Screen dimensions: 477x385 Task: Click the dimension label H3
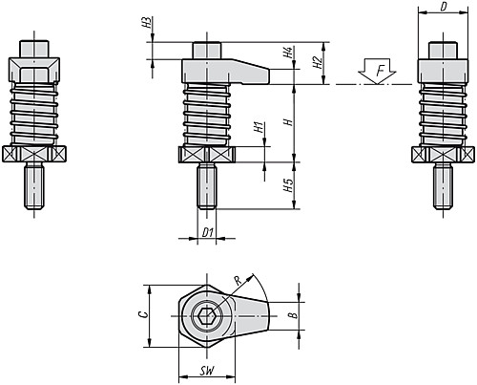(146, 23)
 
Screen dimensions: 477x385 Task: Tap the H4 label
(288, 53)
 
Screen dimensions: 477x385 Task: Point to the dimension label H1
(259, 127)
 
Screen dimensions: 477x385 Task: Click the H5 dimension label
(288, 185)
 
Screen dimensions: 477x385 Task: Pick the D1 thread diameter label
(207, 233)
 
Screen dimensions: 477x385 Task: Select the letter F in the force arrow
(380, 71)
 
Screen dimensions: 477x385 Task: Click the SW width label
(207, 371)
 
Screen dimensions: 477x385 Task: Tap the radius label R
(238, 281)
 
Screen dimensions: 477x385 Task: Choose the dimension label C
(144, 314)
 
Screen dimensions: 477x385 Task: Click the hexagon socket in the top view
(206, 316)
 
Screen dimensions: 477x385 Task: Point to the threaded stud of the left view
(34, 186)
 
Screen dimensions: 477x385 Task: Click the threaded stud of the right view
(443, 186)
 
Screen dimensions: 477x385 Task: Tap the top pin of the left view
(34, 49)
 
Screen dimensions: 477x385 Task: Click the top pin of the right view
(443, 51)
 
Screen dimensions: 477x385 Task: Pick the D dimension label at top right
(444, 7)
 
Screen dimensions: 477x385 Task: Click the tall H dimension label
(288, 121)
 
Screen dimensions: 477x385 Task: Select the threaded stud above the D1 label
(207, 186)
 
